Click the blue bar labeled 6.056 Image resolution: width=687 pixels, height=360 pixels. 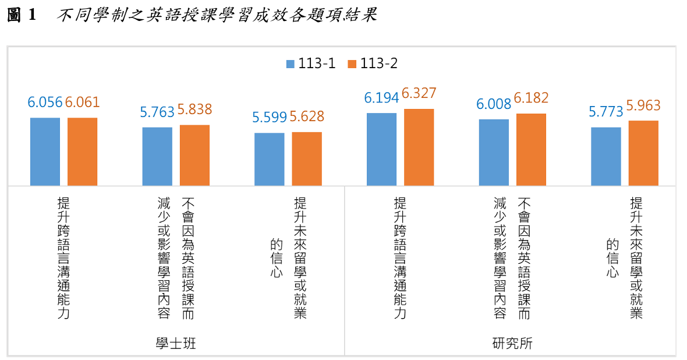click(x=45, y=151)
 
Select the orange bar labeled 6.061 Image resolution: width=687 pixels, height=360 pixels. click(x=82, y=151)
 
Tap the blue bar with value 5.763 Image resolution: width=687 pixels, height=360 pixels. click(x=157, y=156)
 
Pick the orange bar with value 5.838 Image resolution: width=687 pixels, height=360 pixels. click(x=194, y=155)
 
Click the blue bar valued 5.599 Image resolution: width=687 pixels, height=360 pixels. click(x=270, y=159)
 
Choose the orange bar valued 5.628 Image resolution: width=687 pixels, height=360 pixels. click(x=307, y=158)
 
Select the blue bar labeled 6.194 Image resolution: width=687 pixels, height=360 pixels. click(x=381, y=149)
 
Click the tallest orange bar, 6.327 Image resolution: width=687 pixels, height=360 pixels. click(x=419, y=147)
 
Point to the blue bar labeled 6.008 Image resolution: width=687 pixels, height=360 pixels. click(x=494, y=152)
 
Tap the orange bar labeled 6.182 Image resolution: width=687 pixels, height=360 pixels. click(x=531, y=149)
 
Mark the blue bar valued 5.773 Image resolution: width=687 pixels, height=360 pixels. click(x=606, y=156)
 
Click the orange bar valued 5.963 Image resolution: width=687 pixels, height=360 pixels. click(x=643, y=153)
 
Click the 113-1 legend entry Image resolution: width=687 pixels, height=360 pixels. click(x=311, y=63)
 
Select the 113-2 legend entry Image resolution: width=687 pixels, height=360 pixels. click(x=373, y=63)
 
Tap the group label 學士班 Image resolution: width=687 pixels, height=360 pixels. click(x=176, y=344)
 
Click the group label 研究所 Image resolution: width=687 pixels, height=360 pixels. click(x=512, y=344)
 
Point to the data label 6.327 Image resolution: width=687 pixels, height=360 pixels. click(x=419, y=94)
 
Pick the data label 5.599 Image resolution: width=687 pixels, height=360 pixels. click(x=270, y=117)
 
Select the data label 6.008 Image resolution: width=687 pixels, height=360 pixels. click(x=494, y=104)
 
